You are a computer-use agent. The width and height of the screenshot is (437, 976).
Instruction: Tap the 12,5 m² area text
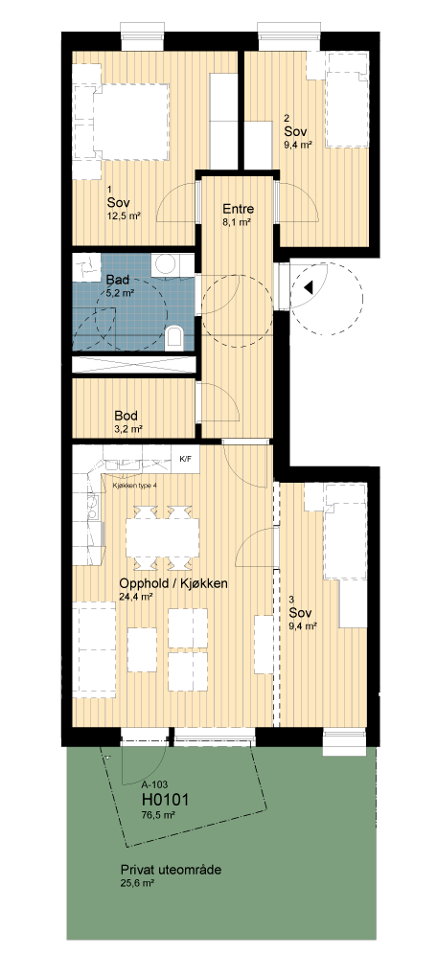coord(124,216)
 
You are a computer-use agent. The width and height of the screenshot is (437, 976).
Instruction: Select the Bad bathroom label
coord(118,279)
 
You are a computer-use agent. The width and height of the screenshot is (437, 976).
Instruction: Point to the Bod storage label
coord(126,416)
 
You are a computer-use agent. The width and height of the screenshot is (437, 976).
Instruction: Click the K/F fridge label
coord(186,459)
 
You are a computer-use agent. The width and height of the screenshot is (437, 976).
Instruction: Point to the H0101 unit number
coord(166,799)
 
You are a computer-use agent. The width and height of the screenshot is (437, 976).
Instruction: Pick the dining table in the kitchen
coord(163,537)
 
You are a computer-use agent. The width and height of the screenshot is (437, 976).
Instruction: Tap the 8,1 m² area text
coord(237,221)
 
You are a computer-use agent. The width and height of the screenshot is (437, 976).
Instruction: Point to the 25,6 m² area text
coord(137,882)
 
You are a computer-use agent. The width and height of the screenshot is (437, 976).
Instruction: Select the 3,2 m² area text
coord(127,429)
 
